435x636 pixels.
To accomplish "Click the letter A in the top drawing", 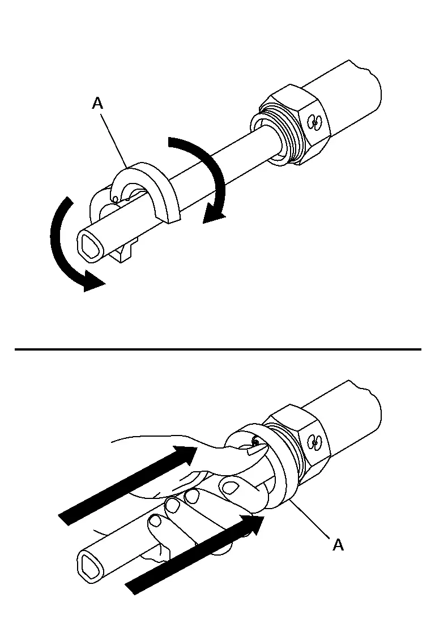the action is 98,104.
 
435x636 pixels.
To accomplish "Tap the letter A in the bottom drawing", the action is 338,545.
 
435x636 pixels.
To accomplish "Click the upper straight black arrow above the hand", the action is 128,485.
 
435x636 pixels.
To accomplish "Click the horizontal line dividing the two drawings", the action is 218,349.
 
